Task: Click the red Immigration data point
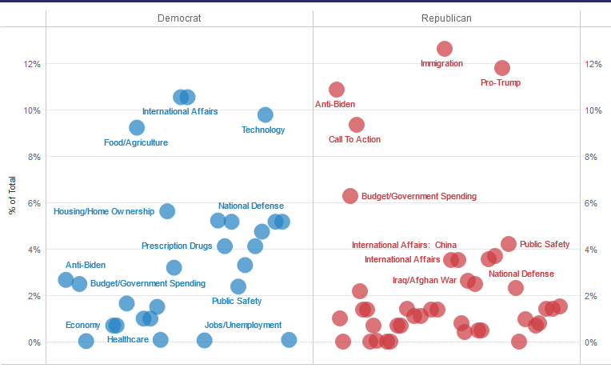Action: [x=445, y=49]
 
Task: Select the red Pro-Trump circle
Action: [x=502, y=68]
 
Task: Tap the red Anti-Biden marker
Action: [x=337, y=90]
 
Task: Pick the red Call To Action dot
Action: [x=357, y=125]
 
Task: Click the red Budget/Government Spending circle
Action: [x=350, y=196]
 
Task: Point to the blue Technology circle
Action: [x=266, y=115]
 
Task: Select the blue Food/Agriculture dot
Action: [x=137, y=128]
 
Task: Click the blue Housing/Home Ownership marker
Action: [x=167, y=211]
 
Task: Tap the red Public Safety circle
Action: [x=509, y=244]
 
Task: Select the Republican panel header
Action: [x=445, y=18]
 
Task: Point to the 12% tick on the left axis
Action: [x=31, y=64]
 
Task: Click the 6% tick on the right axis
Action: [x=592, y=203]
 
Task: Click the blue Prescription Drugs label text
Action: [x=177, y=246]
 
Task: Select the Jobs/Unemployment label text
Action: [x=243, y=325]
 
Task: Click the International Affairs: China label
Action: [x=404, y=245]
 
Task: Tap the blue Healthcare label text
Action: [x=128, y=340]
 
